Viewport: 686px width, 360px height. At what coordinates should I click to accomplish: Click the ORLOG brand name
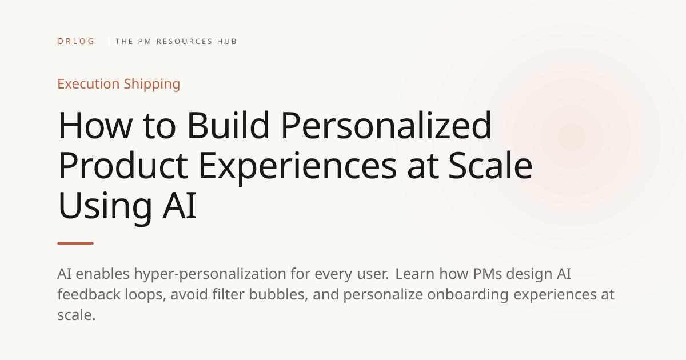(75, 41)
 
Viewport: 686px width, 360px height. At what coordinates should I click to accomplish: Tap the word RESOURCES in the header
(184, 41)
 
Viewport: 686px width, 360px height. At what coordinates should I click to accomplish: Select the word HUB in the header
(226, 41)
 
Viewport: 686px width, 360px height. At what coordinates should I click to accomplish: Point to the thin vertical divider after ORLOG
(106, 41)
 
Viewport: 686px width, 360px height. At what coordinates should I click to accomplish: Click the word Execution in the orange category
(89, 84)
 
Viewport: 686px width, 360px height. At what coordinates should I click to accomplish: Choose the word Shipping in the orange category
(152, 85)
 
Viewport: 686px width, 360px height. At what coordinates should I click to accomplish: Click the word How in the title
(95, 126)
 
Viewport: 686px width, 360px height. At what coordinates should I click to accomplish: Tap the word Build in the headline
(228, 125)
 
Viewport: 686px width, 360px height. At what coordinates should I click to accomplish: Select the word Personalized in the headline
(386, 125)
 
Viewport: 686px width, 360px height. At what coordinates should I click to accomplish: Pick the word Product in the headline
(123, 165)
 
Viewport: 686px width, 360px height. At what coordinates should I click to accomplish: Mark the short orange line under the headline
(75, 243)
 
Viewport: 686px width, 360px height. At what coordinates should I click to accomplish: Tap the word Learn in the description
(415, 274)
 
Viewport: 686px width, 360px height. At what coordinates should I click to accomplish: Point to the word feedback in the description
(89, 294)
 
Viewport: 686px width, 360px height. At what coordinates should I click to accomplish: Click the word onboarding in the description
(468, 295)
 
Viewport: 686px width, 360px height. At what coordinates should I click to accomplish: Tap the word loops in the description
(145, 295)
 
